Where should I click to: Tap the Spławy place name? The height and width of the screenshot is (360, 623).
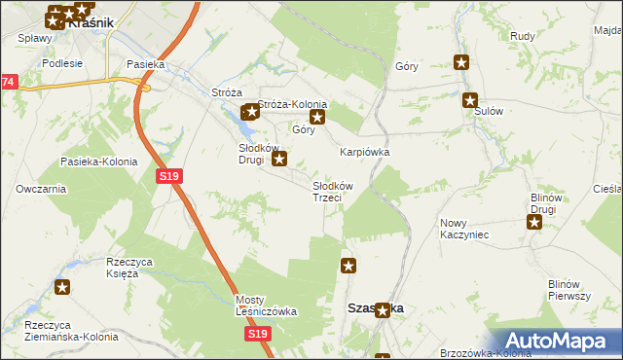(34, 39)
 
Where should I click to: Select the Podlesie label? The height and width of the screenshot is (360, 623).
(60, 62)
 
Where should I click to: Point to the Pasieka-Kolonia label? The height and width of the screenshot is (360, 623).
(98, 162)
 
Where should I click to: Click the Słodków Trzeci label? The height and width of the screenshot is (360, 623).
(332, 191)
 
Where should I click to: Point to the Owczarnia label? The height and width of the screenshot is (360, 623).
(40, 189)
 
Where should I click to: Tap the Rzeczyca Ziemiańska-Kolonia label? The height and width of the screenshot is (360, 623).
(71, 331)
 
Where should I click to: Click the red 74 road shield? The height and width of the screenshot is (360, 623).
(8, 83)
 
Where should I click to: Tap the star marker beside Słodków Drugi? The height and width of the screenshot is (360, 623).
(279, 159)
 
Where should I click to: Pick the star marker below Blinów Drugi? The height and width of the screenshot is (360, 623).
(534, 222)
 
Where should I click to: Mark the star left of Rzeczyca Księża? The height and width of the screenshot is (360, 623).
(63, 287)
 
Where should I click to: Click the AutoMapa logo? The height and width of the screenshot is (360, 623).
(559, 340)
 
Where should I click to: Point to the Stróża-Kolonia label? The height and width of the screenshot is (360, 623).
(292, 105)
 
